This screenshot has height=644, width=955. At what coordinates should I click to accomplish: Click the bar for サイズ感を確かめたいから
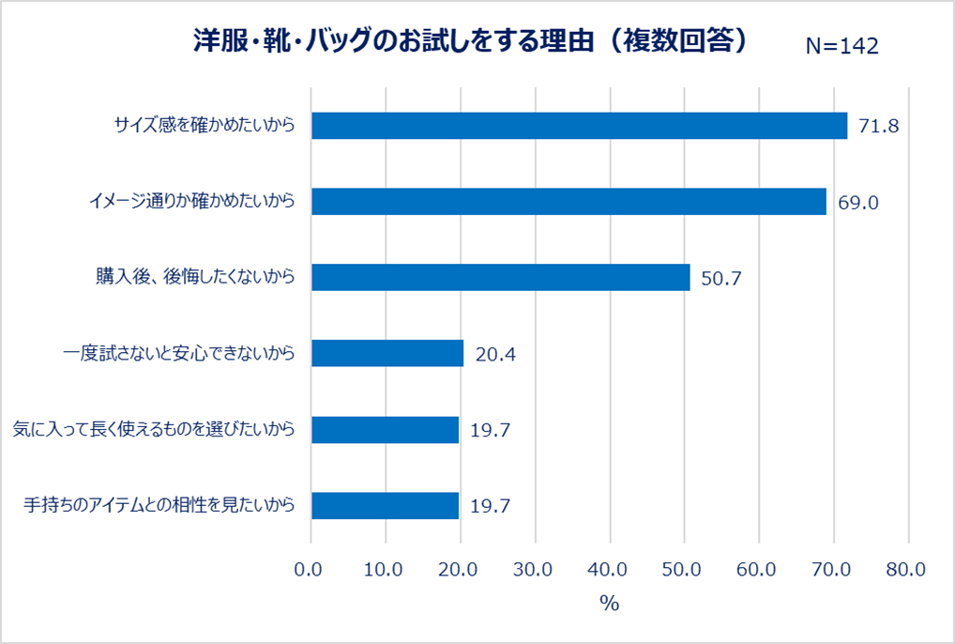tap(579, 126)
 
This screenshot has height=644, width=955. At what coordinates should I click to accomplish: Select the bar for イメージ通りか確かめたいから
tap(568, 202)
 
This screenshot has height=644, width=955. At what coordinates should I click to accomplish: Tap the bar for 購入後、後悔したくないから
tap(500, 278)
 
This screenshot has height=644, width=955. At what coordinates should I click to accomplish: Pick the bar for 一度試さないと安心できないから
tap(387, 354)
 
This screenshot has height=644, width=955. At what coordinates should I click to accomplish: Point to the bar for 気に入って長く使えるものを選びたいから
tap(385, 430)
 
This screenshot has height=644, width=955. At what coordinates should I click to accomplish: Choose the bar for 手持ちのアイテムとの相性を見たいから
tap(385, 506)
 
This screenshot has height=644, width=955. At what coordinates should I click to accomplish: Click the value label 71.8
tap(879, 126)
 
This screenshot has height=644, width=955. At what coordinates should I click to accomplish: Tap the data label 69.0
tap(857, 202)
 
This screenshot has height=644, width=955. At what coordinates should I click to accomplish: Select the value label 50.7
tap(721, 278)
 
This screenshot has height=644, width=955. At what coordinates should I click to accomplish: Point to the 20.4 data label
tap(496, 354)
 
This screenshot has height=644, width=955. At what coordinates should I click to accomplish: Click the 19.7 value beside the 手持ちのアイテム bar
tap(490, 506)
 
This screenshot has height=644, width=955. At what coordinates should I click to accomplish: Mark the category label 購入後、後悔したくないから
tap(195, 278)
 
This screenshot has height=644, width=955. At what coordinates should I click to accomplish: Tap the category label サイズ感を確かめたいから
tap(205, 126)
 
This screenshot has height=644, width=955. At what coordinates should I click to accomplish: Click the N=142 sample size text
tap(841, 46)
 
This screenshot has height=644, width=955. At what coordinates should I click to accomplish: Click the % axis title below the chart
tap(610, 604)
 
